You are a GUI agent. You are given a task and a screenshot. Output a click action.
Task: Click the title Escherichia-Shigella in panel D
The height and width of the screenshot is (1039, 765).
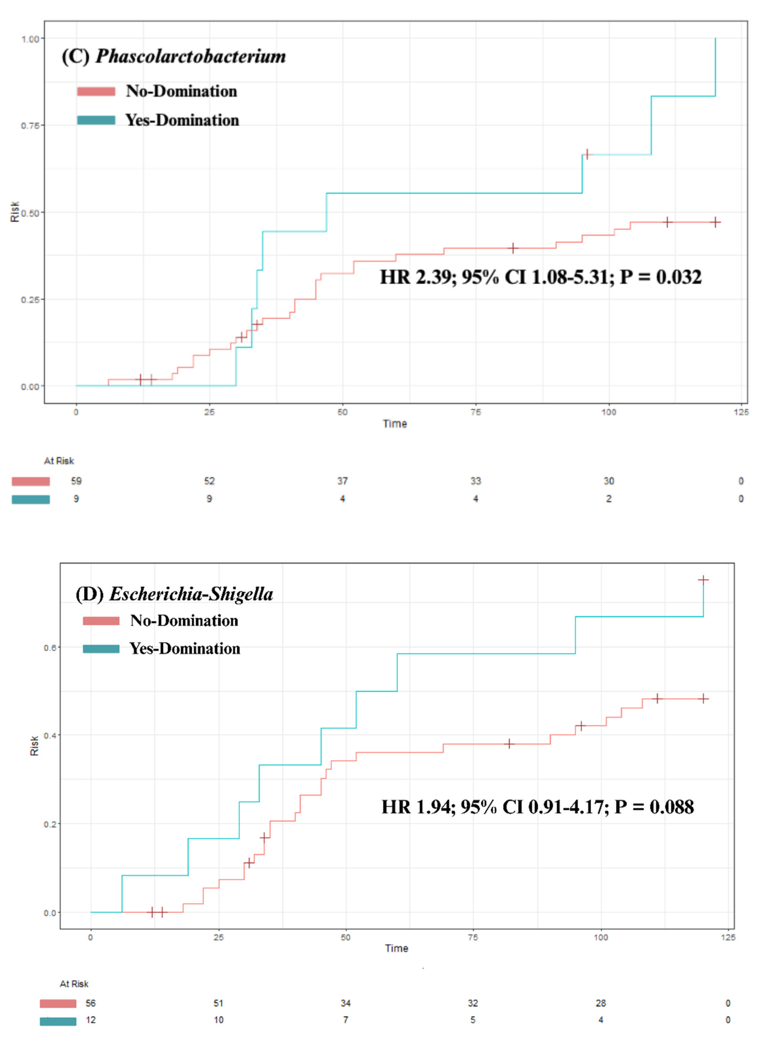point(191,594)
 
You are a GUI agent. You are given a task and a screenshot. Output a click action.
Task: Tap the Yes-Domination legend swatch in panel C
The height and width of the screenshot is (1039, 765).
point(96,120)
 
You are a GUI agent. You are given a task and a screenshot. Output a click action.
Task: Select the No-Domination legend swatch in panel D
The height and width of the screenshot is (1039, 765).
point(101,621)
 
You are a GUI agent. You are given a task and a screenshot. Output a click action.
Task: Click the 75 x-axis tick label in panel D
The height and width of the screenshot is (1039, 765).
point(473,937)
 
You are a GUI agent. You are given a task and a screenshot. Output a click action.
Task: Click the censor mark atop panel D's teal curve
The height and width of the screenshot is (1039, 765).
point(703,580)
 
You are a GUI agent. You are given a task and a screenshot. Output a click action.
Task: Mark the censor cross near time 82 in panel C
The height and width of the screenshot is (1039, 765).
point(513,248)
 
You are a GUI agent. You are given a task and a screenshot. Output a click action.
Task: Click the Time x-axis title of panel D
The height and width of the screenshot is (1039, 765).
point(396,948)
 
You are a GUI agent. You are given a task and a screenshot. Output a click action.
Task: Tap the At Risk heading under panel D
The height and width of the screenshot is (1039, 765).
point(74,983)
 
